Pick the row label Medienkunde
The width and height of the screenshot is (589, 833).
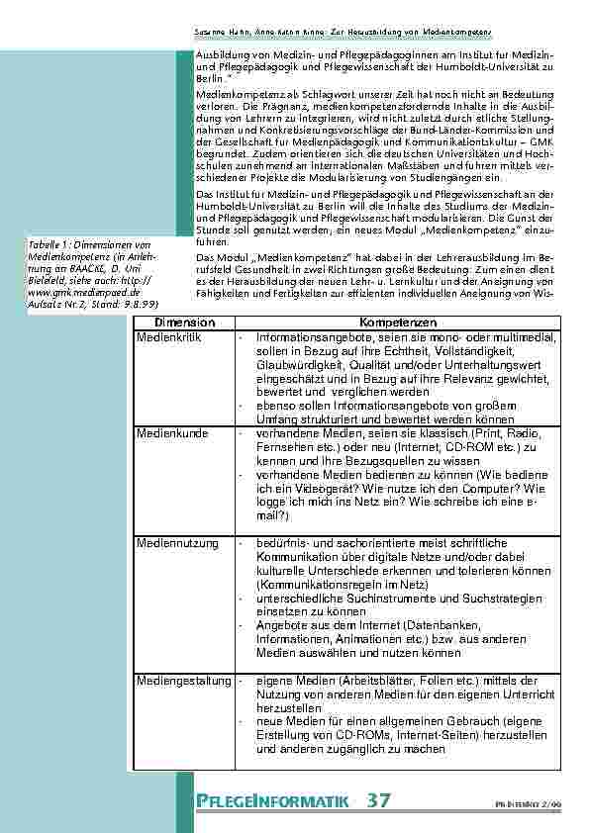point(170,432)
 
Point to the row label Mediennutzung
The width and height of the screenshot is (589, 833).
point(174,543)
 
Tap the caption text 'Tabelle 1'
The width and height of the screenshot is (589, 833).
point(49,244)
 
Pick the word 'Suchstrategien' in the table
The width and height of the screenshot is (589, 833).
point(495,599)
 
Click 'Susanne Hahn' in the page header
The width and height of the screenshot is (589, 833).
point(215,32)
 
